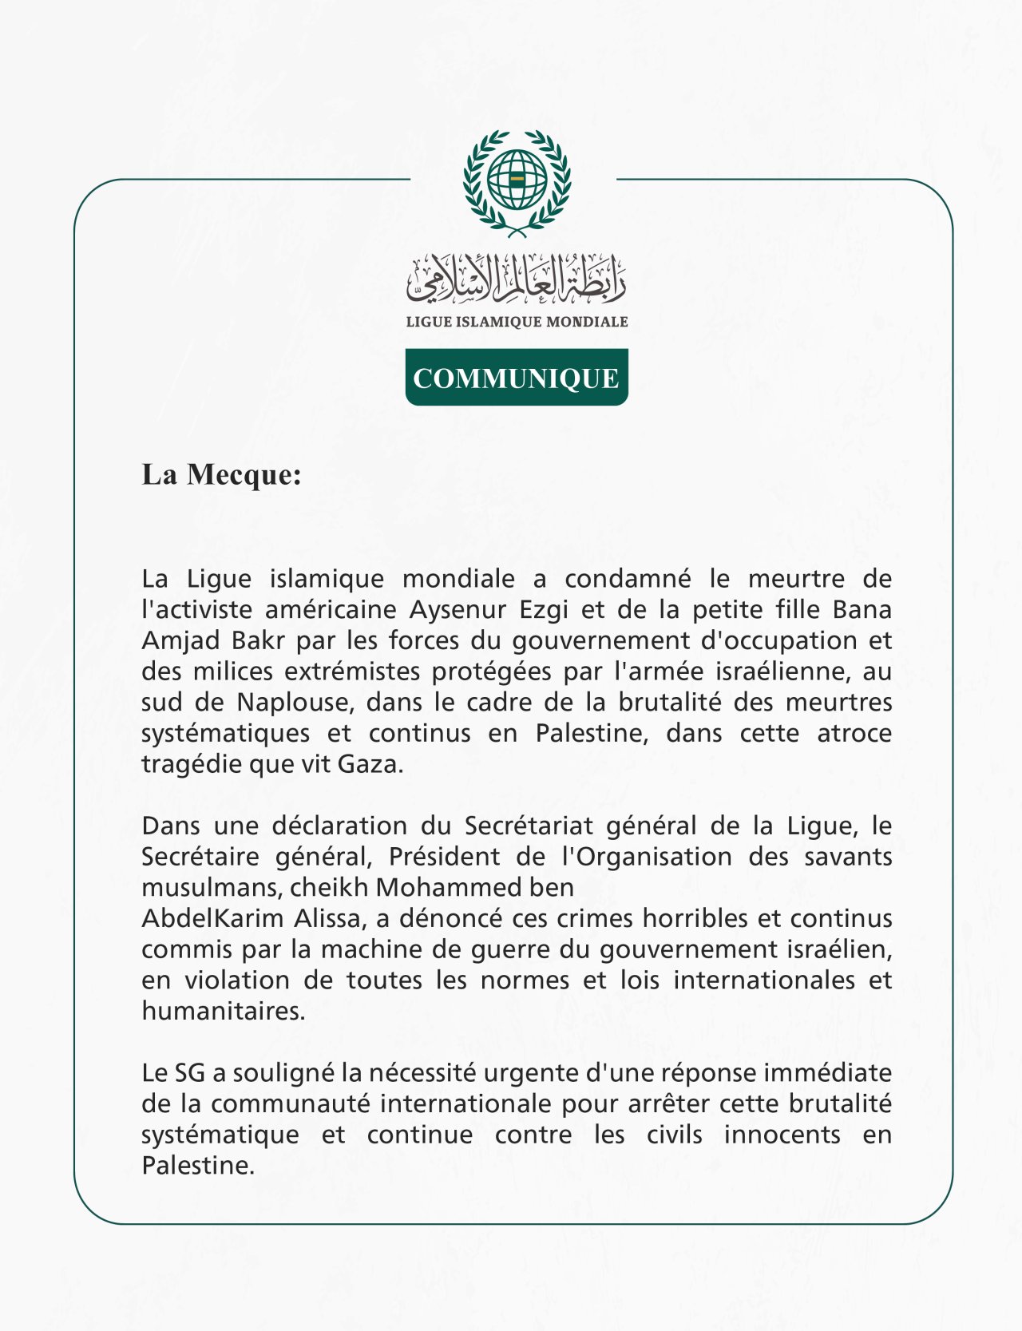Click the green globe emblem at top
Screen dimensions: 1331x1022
[517, 181]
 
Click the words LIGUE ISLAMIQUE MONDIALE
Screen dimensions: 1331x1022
[517, 322]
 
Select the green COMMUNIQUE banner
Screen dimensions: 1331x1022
[517, 378]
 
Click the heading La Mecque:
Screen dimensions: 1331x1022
[221, 474]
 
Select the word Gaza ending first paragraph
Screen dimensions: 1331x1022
[370, 764]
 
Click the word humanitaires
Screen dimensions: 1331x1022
[223, 1012]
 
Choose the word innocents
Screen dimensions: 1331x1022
[782, 1135]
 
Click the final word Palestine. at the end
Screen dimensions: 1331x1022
[197, 1166]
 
